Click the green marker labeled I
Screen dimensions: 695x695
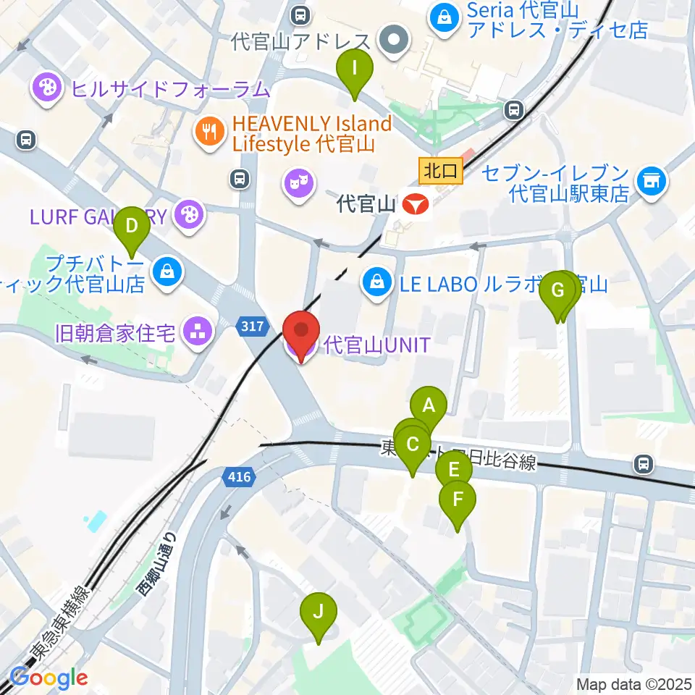[354, 69]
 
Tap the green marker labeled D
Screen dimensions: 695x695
[132, 226]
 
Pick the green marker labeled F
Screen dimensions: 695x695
[458, 500]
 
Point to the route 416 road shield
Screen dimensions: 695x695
[240, 477]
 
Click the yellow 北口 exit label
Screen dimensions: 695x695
[440, 171]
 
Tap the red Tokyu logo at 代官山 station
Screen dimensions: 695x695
[416, 205]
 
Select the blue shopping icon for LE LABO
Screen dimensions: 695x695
[376, 283]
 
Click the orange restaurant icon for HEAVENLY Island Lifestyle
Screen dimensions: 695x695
[210, 132]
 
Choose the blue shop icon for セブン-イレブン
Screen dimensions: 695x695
[652, 182]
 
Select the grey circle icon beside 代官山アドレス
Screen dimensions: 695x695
[395, 41]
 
